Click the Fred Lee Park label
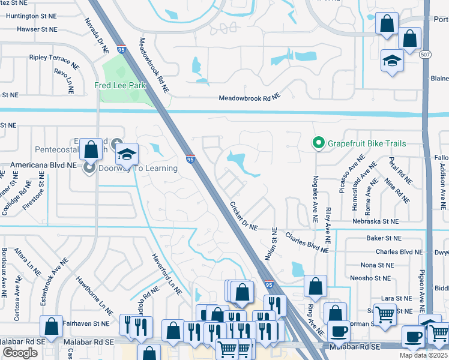tap(121, 86)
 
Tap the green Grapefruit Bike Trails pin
tap(317, 143)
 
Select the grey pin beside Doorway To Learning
tap(90, 168)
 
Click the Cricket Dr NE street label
tap(243, 216)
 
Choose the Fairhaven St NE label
tap(86, 323)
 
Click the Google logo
tap(20, 353)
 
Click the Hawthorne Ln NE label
tap(95, 295)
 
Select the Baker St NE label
tap(384, 238)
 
